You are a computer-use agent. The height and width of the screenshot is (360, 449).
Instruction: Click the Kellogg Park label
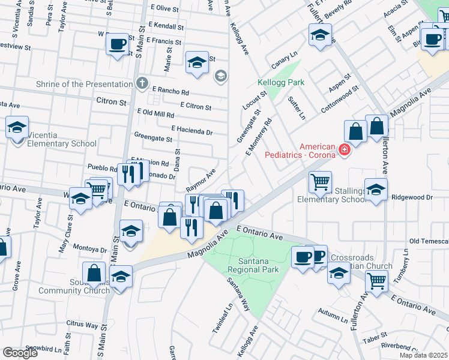(x=281, y=82)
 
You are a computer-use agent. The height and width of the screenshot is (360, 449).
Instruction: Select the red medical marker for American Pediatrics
(x=345, y=149)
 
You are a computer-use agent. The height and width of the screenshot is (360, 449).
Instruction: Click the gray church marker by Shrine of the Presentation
(x=141, y=83)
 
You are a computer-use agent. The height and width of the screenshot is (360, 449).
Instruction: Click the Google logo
(x=20, y=352)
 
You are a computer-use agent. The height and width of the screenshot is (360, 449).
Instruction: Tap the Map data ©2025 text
(x=423, y=355)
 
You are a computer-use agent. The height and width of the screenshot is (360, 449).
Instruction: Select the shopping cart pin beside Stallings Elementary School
(x=320, y=181)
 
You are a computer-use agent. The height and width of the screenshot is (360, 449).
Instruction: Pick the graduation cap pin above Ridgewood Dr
(x=376, y=190)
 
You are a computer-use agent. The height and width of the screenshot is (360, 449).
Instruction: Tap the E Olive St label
(x=167, y=8)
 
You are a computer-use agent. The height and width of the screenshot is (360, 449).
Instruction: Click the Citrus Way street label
(x=82, y=325)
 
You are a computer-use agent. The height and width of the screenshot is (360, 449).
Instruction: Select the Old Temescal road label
(x=429, y=241)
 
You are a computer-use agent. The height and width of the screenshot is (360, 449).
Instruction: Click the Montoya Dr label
(x=89, y=248)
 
